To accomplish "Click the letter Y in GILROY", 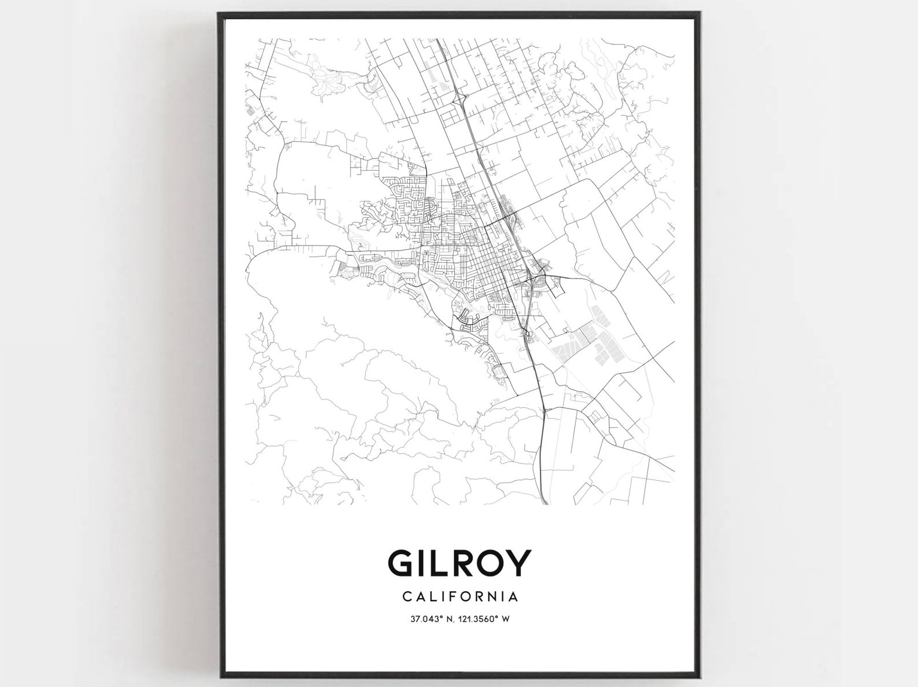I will click(x=520, y=563).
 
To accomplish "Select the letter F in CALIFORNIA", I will click(x=451, y=595).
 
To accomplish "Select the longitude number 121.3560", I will click(x=476, y=619).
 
